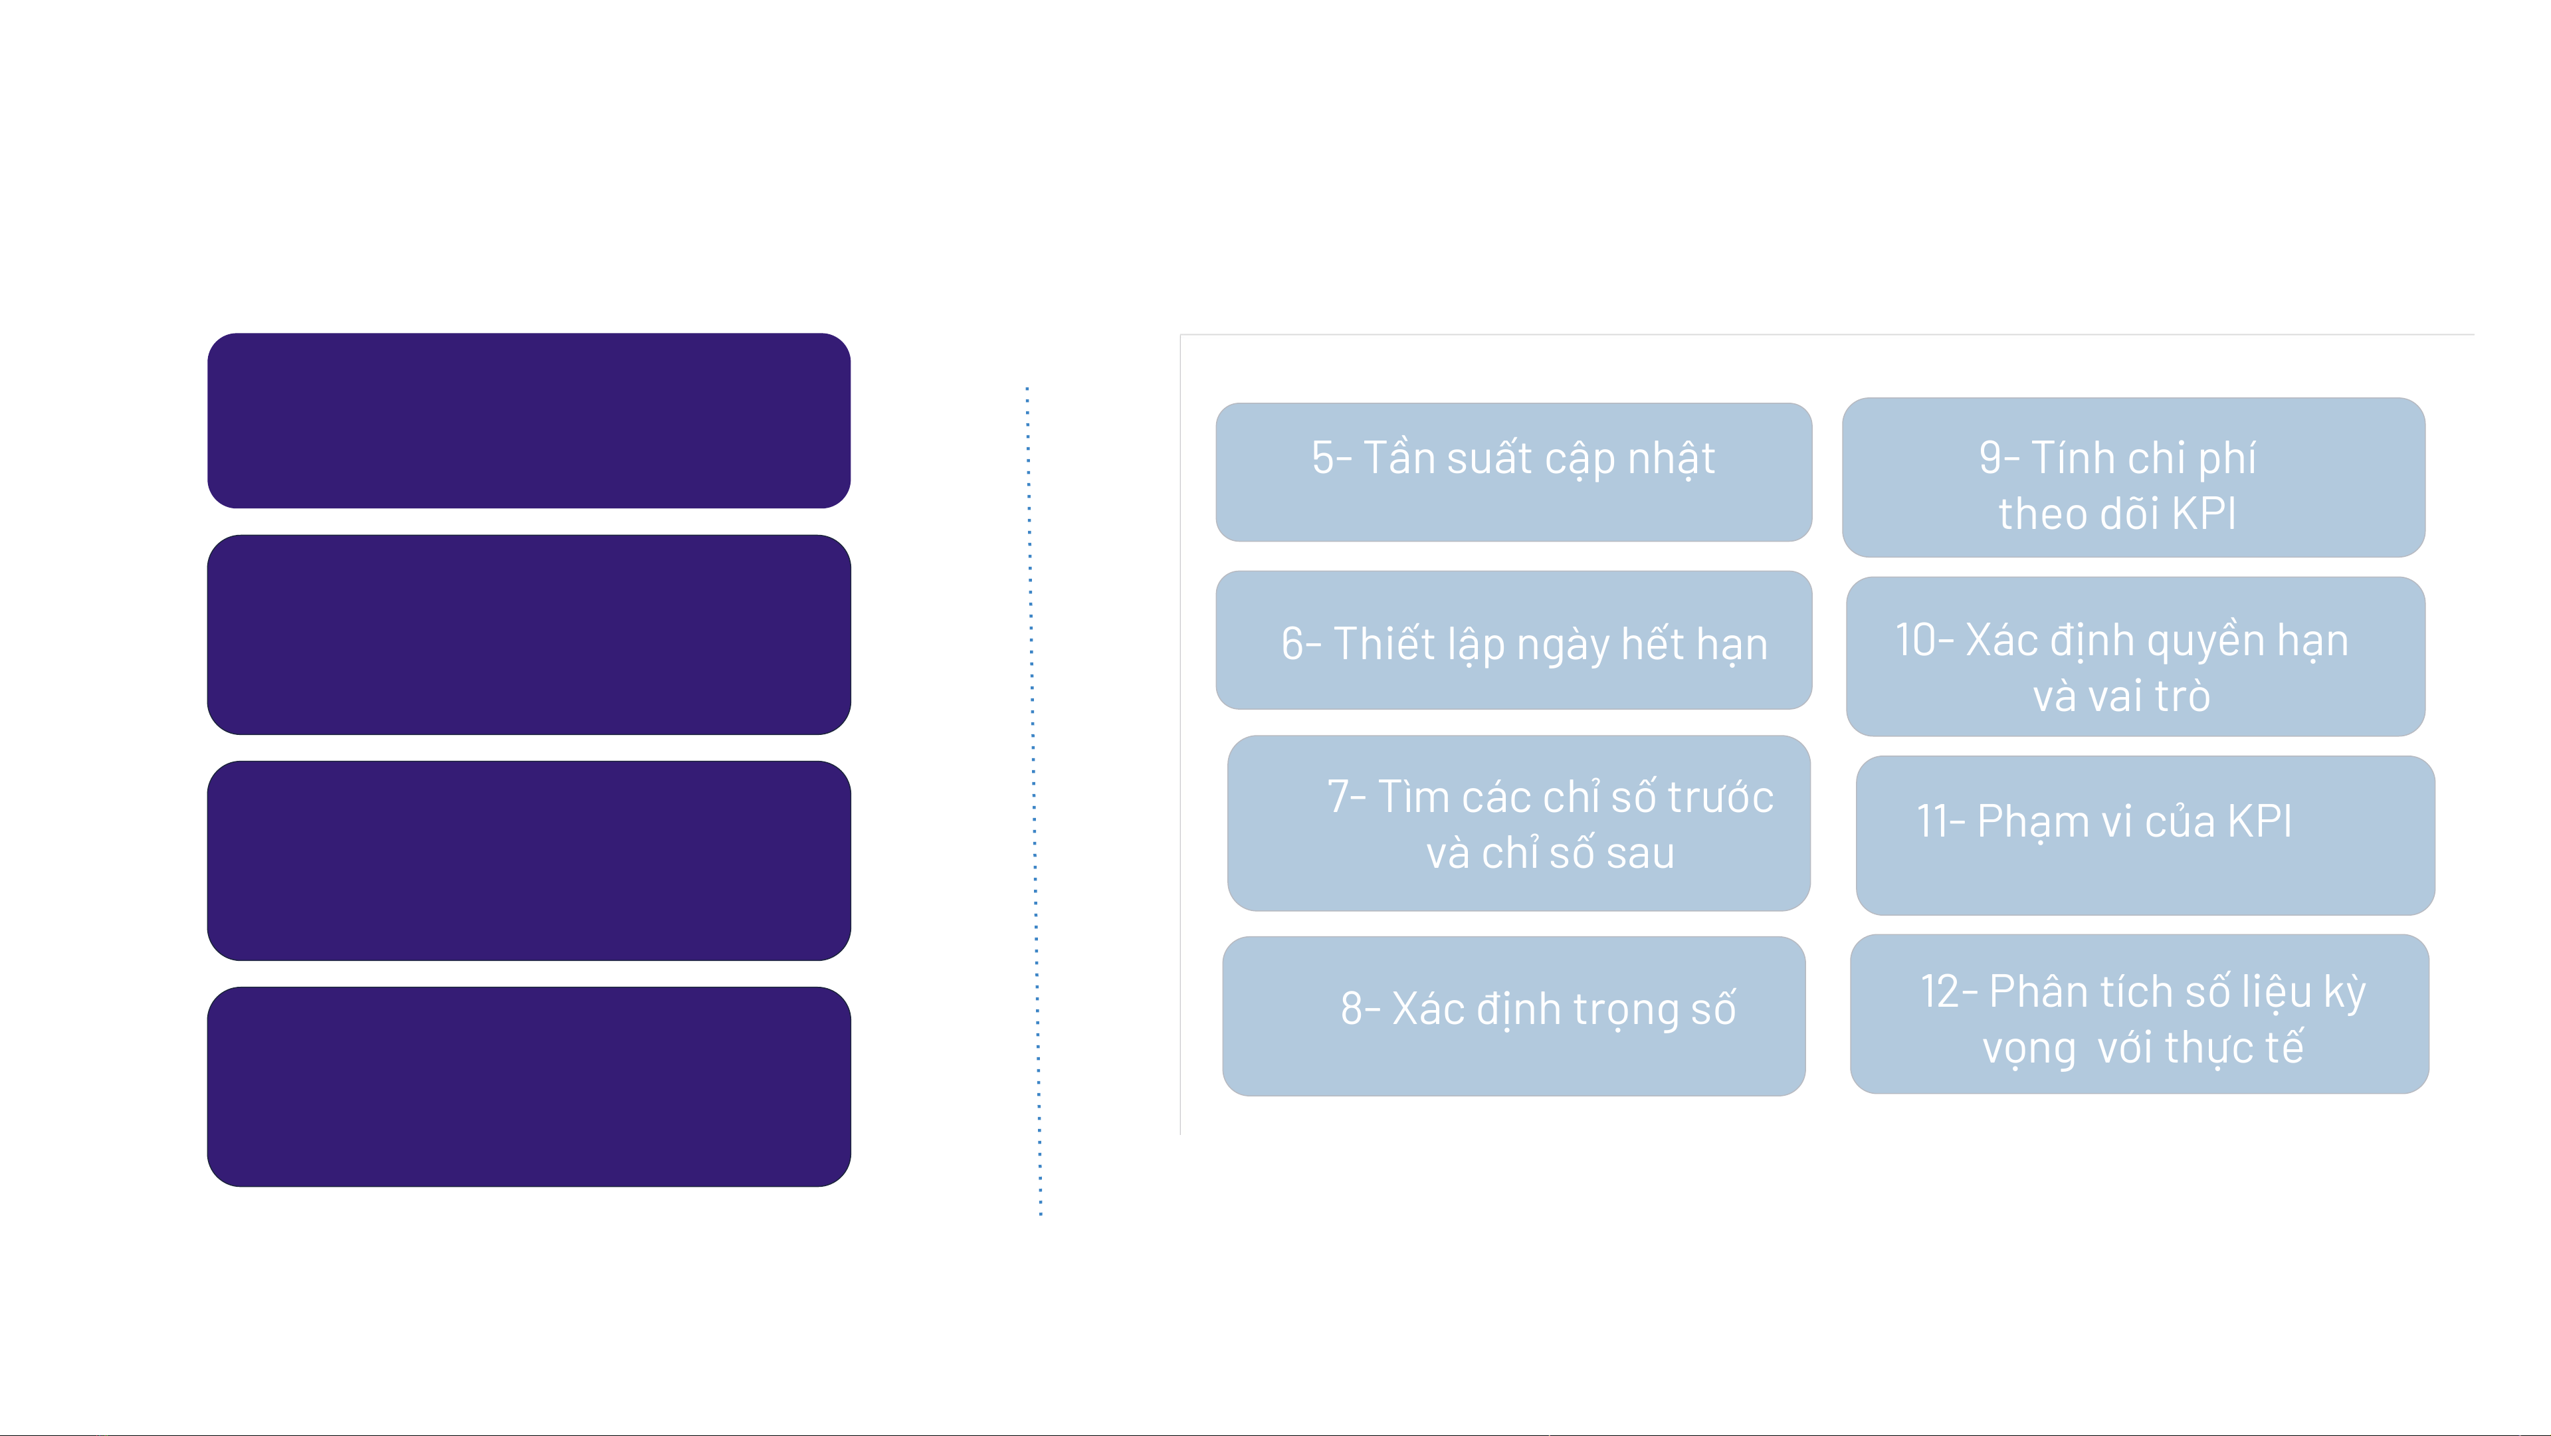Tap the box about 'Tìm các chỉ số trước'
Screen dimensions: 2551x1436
pyautogui.click(x=1518, y=823)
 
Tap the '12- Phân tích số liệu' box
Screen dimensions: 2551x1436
pyautogui.click(x=2139, y=1014)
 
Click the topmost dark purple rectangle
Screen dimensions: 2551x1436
pyautogui.click(x=529, y=421)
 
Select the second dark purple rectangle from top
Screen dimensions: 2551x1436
pyautogui.click(x=529, y=635)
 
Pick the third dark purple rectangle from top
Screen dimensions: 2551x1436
pyautogui.click(x=529, y=861)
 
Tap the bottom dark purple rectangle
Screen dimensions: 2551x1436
pyautogui.click(x=529, y=1086)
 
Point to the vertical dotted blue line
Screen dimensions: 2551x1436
pyautogui.click(x=1034, y=800)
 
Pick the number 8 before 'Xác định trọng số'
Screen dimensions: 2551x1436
pyautogui.click(x=1353, y=1009)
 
